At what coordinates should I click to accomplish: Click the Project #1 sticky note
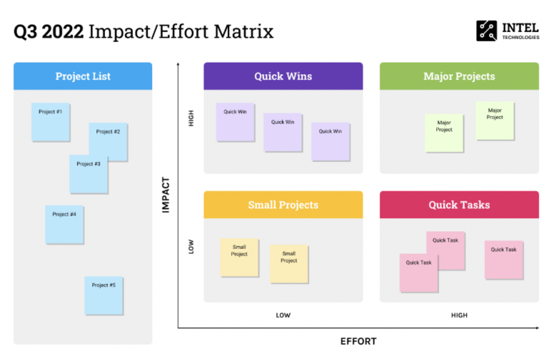[x=51, y=122]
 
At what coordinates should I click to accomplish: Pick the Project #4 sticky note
[x=65, y=224]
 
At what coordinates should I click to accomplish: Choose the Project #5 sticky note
[x=104, y=295]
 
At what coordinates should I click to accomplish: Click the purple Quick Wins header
[x=283, y=76]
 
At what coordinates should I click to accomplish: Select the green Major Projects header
[x=459, y=76]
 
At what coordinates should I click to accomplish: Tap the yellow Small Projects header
[x=283, y=205]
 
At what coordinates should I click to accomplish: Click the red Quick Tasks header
[x=459, y=205]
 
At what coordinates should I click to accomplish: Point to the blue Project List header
[x=83, y=76]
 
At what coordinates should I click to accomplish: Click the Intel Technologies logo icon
[x=487, y=31]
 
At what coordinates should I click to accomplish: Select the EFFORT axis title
[x=358, y=342]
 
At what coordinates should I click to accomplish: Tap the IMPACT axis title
[x=166, y=195]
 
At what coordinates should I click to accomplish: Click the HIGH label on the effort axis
[x=459, y=315]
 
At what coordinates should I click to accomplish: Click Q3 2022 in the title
[x=48, y=32]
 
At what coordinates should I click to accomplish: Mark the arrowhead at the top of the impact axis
[x=178, y=65]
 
